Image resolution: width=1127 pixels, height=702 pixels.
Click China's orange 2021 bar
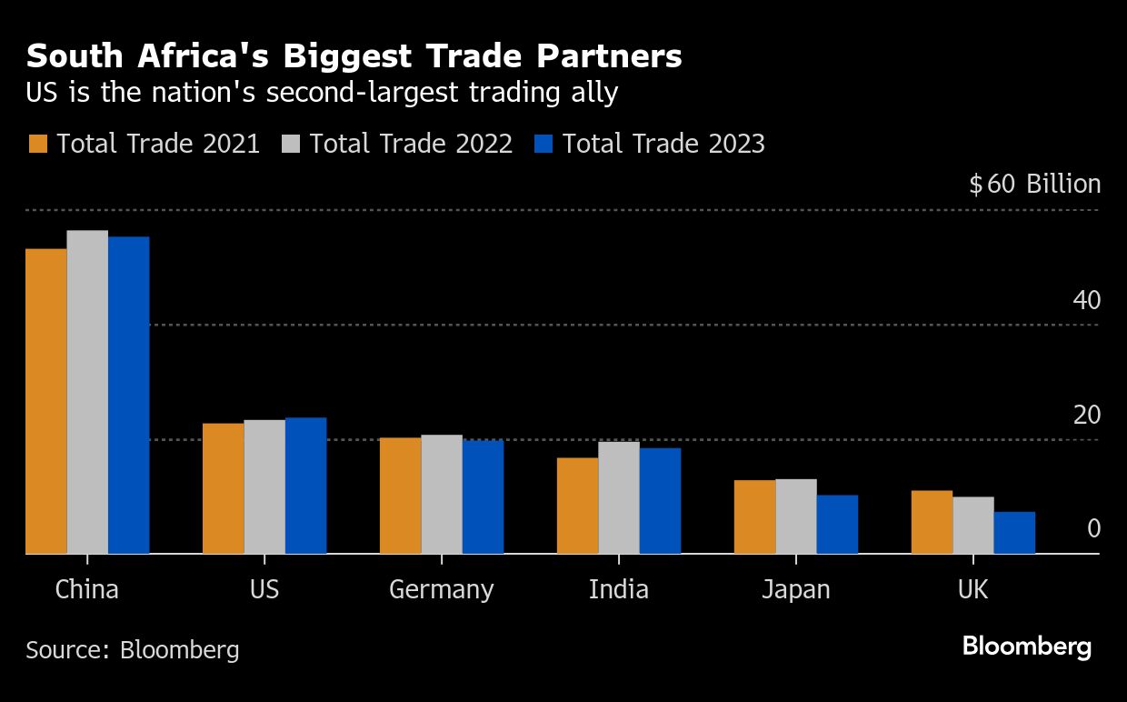45,400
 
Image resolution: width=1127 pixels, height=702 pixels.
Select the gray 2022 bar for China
87,391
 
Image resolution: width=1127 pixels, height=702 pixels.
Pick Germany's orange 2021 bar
400,496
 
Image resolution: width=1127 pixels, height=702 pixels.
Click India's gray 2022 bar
619,497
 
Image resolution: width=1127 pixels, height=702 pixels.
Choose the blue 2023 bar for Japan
837,524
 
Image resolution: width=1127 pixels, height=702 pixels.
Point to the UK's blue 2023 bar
1014,532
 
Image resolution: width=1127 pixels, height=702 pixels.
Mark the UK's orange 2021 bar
932,522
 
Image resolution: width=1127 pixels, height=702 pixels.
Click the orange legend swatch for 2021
38,144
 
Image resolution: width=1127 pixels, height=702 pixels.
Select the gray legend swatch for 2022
291,144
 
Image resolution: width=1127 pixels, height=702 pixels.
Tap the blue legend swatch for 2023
544,144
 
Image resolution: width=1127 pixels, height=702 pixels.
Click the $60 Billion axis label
1034,185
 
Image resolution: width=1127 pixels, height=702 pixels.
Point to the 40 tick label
1086,300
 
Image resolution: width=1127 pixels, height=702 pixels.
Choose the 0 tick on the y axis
1093,528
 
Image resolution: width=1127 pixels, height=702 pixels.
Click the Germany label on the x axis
441,589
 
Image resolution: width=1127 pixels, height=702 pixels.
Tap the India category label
618,589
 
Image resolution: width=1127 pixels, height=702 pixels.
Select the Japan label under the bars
795,589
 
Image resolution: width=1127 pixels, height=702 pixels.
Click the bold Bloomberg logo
1026,647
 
